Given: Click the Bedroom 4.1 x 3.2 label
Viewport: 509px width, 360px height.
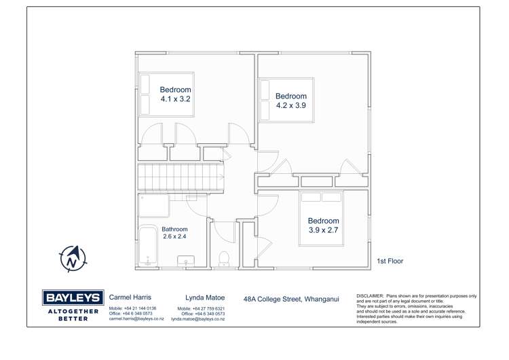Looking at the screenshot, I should tap(175, 94).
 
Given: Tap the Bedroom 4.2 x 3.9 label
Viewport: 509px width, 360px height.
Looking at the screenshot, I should tap(290, 101).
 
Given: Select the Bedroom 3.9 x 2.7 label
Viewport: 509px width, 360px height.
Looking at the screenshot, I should tap(323, 226).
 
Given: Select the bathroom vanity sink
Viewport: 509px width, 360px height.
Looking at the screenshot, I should tap(186, 260).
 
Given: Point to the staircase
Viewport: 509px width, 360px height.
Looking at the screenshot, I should tap(181, 177).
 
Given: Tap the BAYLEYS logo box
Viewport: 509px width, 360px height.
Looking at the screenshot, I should tap(73, 298).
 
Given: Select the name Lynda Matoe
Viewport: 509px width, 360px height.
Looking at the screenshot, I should tap(205, 298).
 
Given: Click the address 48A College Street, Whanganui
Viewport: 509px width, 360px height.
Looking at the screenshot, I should tap(290, 298).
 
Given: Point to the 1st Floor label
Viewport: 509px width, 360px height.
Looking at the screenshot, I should tap(390, 260).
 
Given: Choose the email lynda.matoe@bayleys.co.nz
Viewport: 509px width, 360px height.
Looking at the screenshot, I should tap(197, 319).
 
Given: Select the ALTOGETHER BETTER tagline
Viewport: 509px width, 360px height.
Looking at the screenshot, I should tap(73, 314).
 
